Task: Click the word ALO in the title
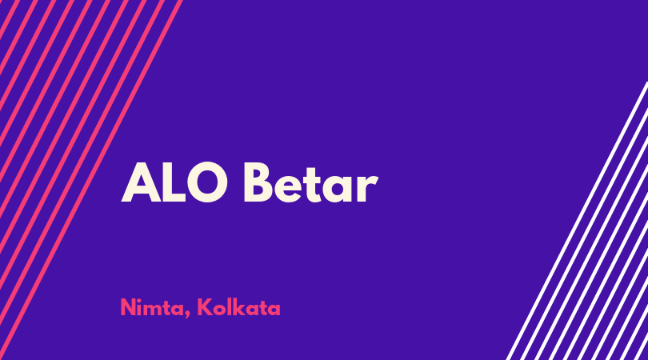click(x=174, y=182)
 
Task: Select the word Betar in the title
click(x=310, y=182)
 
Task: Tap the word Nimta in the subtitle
click(x=153, y=307)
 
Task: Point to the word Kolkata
click(x=239, y=307)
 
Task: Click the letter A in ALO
click(x=141, y=182)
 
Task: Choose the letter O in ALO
click(x=207, y=182)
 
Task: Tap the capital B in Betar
click(x=258, y=182)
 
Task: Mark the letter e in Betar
click(x=288, y=188)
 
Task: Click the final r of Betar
click(x=367, y=188)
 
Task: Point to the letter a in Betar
click(x=338, y=188)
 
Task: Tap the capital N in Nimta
click(x=128, y=307)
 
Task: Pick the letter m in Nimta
click(x=154, y=310)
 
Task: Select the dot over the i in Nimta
click(x=141, y=300)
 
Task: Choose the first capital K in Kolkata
click(x=205, y=307)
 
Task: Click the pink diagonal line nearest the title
click(x=91, y=180)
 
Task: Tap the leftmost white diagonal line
click(x=578, y=221)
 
